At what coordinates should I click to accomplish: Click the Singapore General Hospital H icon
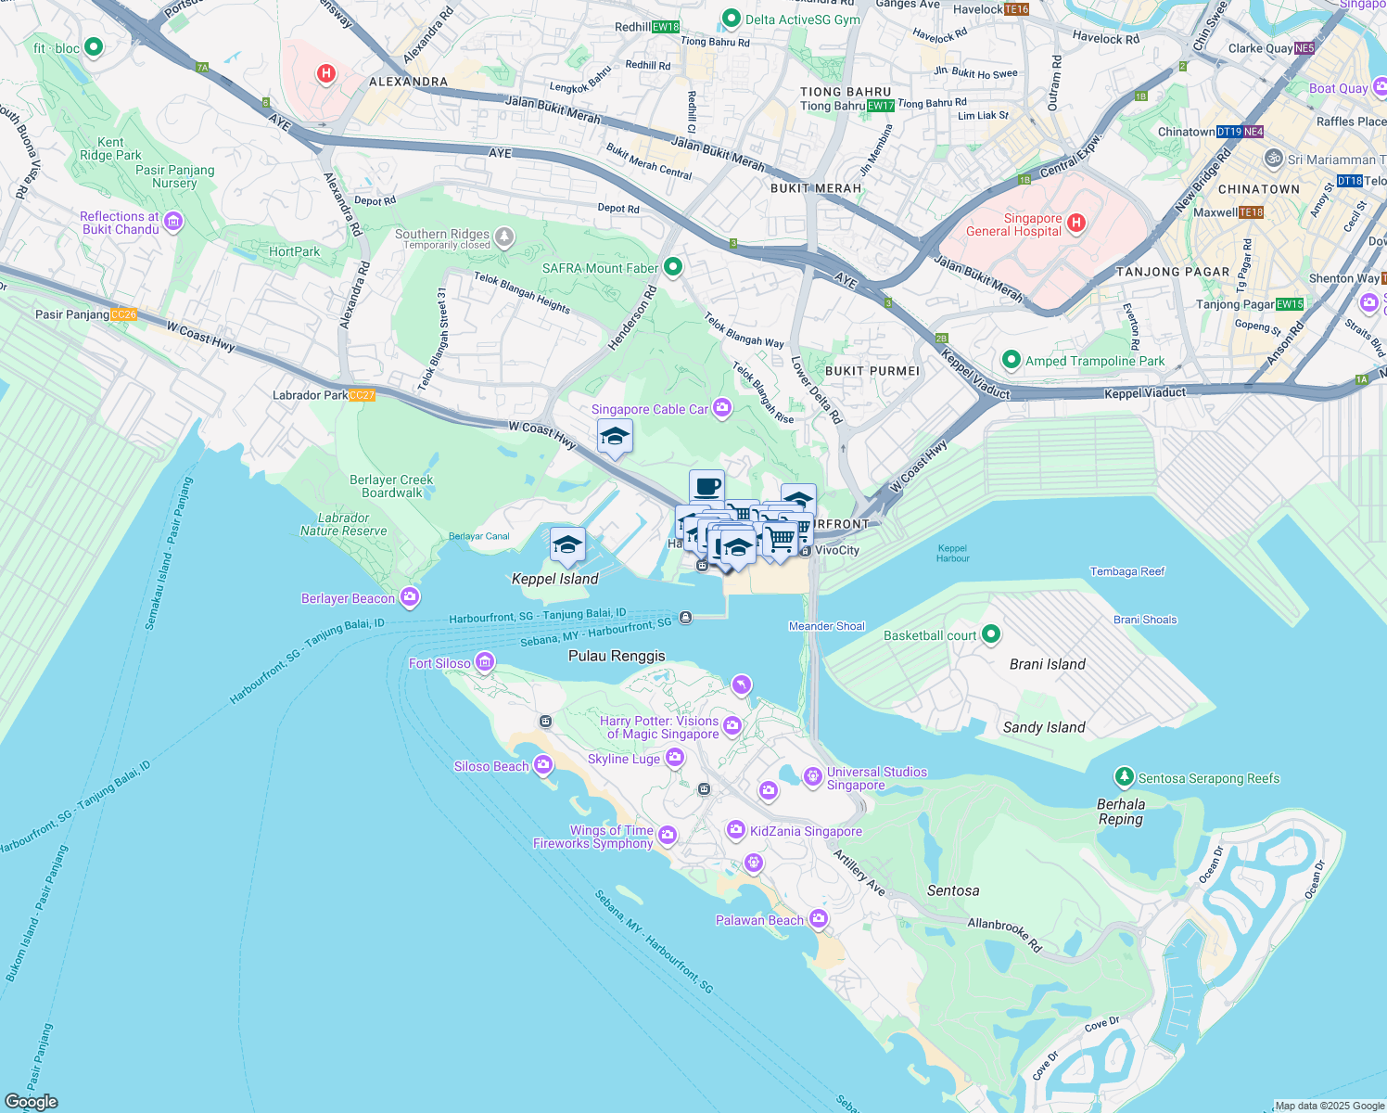pos(1076,223)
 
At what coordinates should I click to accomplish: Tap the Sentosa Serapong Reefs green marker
pos(1124,776)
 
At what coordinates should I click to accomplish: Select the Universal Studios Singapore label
pos(876,778)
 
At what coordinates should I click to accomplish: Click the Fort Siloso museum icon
pos(484,662)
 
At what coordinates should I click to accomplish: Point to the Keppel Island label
pos(554,579)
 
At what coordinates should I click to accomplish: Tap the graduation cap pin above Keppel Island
pos(567,544)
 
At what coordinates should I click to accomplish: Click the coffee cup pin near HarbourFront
pos(706,486)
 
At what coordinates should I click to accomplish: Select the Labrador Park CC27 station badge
pos(363,395)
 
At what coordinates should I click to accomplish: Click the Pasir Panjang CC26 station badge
pos(123,314)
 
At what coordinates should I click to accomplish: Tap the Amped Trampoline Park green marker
pos(1011,360)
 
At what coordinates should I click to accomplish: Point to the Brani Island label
pos(1047,664)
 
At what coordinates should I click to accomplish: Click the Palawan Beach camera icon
pos(818,919)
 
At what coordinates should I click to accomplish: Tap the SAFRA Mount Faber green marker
pos(673,268)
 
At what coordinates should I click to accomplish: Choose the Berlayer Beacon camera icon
pos(410,597)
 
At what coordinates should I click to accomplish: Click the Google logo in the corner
pos(31,1101)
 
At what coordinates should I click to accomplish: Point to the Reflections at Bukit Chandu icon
pos(173,222)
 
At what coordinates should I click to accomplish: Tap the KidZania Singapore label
pos(806,831)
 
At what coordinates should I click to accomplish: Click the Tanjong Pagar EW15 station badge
pos(1290,304)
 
